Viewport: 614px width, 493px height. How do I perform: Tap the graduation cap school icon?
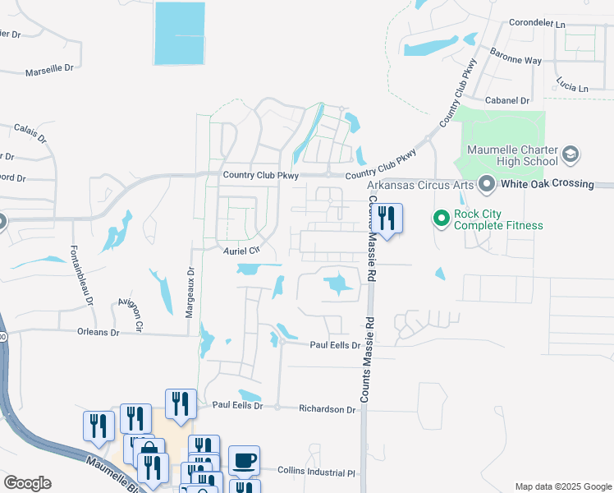(x=570, y=154)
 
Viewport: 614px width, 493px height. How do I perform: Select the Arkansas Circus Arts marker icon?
(x=486, y=183)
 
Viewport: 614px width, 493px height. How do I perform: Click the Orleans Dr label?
(x=98, y=333)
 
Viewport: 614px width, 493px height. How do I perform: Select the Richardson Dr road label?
(x=327, y=408)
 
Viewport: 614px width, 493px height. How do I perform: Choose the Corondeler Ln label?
(x=538, y=24)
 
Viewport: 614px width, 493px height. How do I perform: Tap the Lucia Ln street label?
(x=571, y=87)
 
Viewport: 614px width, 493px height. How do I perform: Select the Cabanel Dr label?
(x=506, y=100)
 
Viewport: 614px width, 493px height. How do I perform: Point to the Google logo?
(x=27, y=483)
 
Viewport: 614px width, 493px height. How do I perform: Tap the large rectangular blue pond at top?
(x=179, y=33)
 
